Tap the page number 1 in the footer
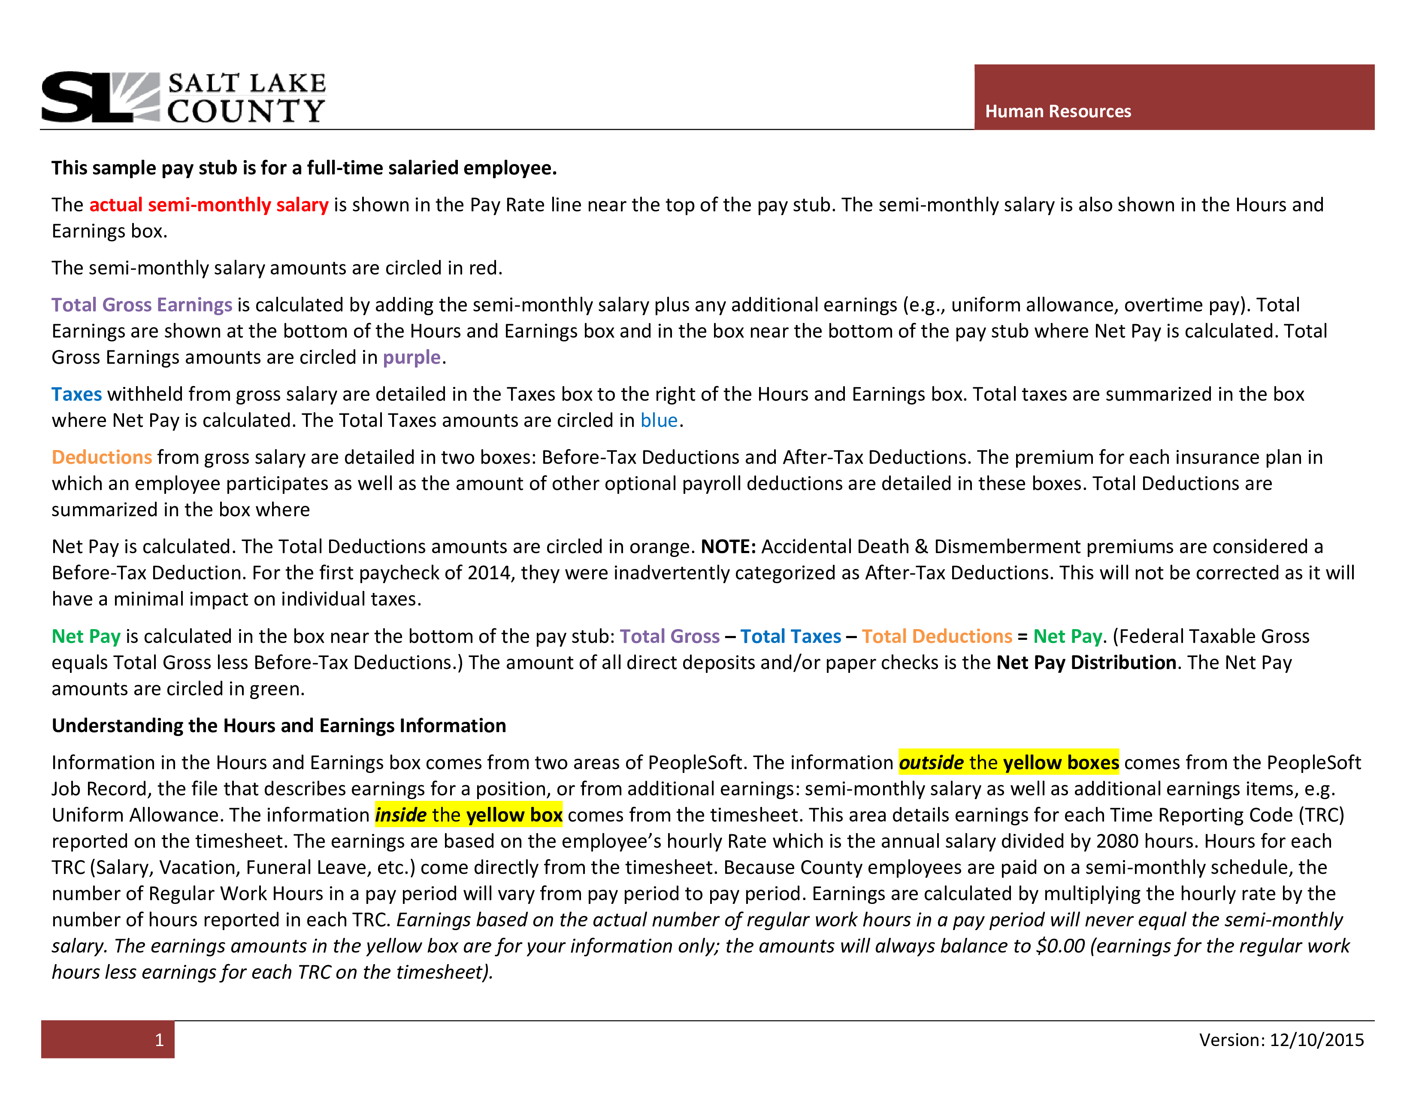click(x=159, y=1040)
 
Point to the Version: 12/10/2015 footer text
click(x=1281, y=1040)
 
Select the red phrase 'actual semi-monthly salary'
click(x=209, y=205)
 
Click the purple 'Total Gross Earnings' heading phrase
click(x=142, y=305)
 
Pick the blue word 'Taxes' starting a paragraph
click(x=76, y=394)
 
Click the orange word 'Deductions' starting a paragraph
click(x=102, y=457)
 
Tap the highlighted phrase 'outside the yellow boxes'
click(x=1009, y=762)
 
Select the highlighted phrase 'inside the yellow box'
click(x=469, y=815)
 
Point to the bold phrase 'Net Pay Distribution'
click(x=1086, y=662)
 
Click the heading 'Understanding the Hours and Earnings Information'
click(x=279, y=725)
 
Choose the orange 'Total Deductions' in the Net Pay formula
click(x=937, y=636)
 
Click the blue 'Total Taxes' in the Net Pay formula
click(x=791, y=636)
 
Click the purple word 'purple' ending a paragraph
click(x=411, y=357)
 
